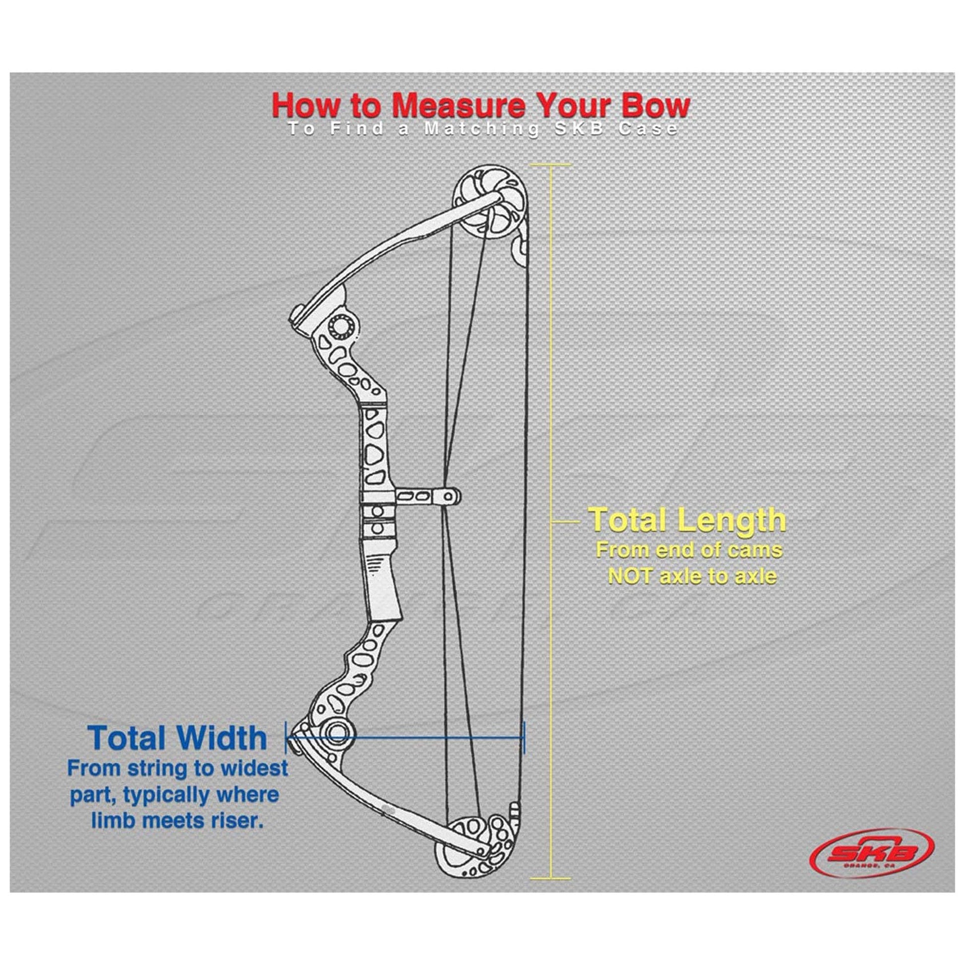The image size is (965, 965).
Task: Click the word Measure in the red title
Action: pyautogui.click(x=458, y=106)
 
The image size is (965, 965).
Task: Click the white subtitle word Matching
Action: pyautogui.click(x=482, y=129)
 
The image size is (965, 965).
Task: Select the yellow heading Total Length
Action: pyautogui.click(x=687, y=520)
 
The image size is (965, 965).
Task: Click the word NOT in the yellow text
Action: pyautogui.click(x=629, y=576)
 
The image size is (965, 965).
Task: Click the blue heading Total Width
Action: pyautogui.click(x=178, y=738)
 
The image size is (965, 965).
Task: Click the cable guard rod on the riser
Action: pyautogui.click(x=427, y=496)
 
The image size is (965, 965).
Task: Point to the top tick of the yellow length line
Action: pyautogui.click(x=550, y=164)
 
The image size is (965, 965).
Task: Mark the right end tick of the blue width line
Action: pyautogui.click(x=524, y=737)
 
